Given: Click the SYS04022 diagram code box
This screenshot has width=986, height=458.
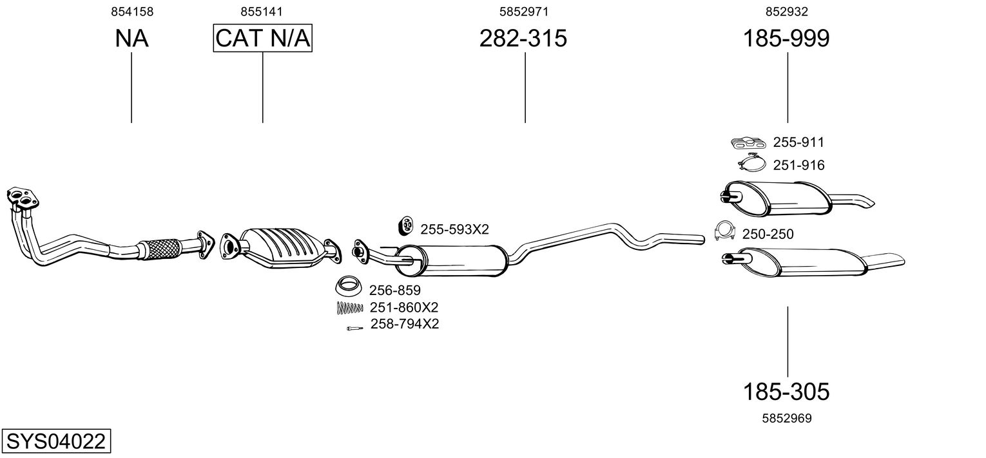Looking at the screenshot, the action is pyautogui.click(x=56, y=441).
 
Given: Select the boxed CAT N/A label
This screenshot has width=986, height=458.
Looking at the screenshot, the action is pyautogui.click(x=263, y=38).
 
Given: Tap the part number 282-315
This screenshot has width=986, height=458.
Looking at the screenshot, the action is pyautogui.click(x=523, y=38).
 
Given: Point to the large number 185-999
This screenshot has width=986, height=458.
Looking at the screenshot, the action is pyautogui.click(x=786, y=38).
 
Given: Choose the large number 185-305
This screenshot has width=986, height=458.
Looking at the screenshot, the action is pyautogui.click(x=786, y=391).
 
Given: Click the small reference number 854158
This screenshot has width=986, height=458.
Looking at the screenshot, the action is pyautogui.click(x=132, y=12).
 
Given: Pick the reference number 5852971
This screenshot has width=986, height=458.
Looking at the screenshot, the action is pyautogui.click(x=524, y=12).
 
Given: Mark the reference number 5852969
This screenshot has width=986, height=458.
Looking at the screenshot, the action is pyautogui.click(x=787, y=418).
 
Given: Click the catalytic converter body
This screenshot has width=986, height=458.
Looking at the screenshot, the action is pyautogui.click(x=282, y=247).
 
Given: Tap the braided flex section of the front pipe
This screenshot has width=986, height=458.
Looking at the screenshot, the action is pyautogui.click(x=159, y=249).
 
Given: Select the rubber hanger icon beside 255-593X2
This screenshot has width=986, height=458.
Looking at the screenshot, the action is pyautogui.click(x=405, y=225).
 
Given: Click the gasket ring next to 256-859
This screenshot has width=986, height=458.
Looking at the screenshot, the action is pyautogui.click(x=348, y=287).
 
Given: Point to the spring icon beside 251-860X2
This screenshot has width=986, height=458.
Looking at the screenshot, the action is pyautogui.click(x=349, y=307).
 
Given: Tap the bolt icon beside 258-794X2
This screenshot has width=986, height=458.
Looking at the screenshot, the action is pyautogui.click(x=354, y=329).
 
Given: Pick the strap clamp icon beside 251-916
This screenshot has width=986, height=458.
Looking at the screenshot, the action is pyautogui.click(x=752, y=163).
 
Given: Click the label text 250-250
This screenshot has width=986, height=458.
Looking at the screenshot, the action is pyautogui.click(x=768, y=234).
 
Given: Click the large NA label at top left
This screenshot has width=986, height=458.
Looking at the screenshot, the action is pyautogui.click(x=131, y=38).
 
